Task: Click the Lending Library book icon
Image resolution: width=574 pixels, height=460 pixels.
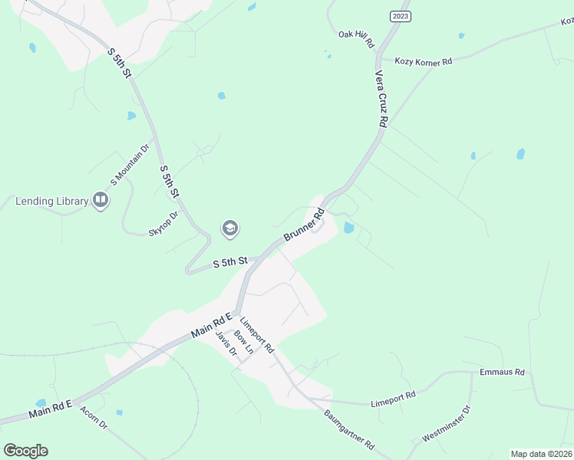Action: point(100,201)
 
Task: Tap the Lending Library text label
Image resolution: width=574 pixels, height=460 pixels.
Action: point(52,202)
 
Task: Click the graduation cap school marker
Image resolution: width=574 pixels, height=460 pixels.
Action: point(229,228)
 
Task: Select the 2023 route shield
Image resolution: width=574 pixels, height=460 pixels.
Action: point(400,16)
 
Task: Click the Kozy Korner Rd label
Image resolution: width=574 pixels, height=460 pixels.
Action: point(423,61)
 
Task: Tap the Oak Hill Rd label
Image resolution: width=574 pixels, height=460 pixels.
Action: point(355,34)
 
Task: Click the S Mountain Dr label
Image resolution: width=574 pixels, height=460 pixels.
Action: point(130,166)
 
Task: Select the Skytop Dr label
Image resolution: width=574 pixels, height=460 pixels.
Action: point(163,222)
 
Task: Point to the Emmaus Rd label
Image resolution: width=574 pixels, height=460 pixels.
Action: point(501,372)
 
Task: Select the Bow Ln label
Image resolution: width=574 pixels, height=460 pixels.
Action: point(243,342)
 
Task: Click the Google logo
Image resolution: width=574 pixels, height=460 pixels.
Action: point(25,451)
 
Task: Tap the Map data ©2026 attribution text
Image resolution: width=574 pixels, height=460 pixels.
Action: point(541,454)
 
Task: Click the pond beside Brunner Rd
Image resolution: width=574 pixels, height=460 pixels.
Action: point(349,228)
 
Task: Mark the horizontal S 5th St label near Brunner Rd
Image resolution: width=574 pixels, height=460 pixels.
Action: point(229,262)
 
